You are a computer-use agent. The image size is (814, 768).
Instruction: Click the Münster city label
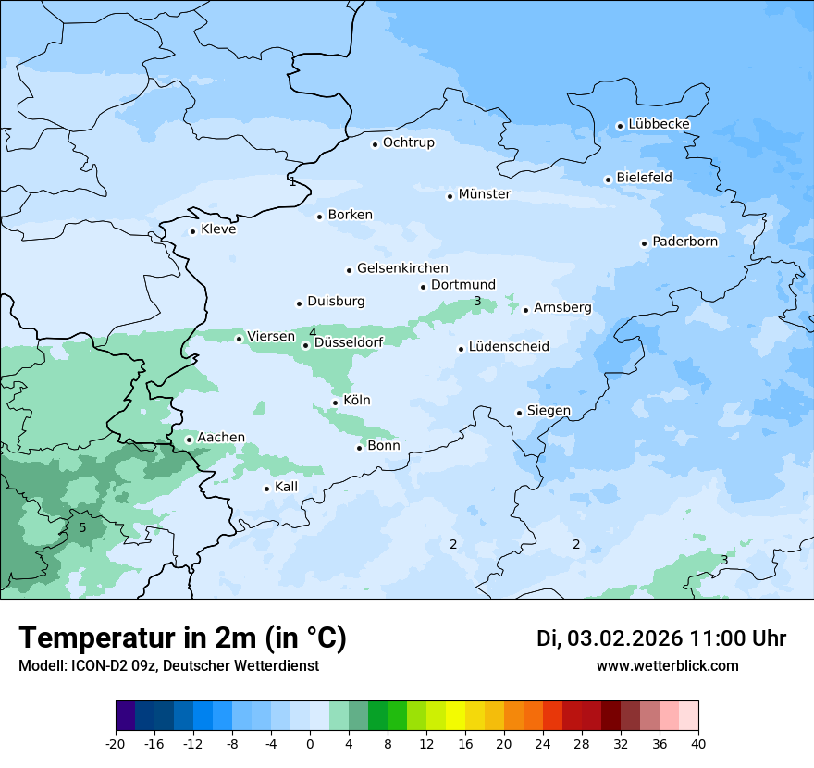coord(484,194)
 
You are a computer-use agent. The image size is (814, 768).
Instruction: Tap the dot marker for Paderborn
coord(645,243)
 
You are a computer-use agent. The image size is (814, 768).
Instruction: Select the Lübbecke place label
coord(659,124)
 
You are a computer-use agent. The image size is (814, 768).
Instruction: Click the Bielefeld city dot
coord(609,180)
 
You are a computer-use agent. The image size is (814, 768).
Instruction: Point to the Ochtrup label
coord(408,142)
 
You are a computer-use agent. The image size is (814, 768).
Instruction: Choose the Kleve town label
coord(218,229)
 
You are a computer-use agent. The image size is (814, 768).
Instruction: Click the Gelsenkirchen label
coord(402,268)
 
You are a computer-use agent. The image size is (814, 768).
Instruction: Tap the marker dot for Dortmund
coord(424,287)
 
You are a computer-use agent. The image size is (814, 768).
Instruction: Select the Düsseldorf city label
coord(349,342)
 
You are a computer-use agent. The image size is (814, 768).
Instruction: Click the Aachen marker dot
coord(189,440)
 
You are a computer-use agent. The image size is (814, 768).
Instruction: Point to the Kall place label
coord(286,487)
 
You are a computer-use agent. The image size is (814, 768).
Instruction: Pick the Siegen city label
coord(549,411)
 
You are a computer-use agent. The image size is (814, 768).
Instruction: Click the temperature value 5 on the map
coord(82,527)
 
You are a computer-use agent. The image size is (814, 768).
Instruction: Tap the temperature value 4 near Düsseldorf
coord(313,332)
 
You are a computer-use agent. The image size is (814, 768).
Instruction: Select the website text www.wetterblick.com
coord(667,665)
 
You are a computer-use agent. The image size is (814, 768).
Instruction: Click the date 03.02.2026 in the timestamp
coord(625,638)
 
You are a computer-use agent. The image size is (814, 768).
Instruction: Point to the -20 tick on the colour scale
coord(116,743)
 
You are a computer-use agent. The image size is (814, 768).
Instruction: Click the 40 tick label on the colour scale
coord(698,743)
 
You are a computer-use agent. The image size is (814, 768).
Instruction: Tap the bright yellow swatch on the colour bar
coord(455,716)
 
